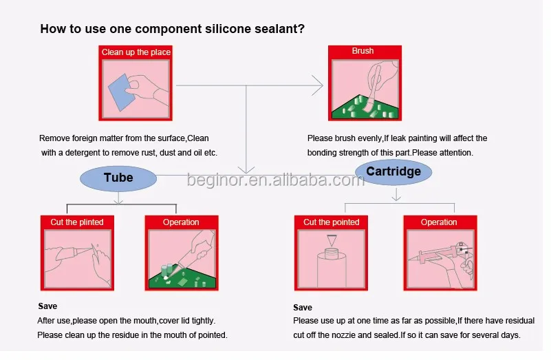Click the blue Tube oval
[x=118, y=178]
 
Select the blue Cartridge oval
[x=393, y=171]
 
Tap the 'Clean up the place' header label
[x=136, y=52]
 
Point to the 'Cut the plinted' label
[x=77, y=222]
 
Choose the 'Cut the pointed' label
[x=332, y=222]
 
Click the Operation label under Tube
[x=181, y=222]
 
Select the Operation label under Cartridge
[x=439, y=222]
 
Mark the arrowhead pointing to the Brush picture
[x=318, y=86]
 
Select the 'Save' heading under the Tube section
[x=47, y=306]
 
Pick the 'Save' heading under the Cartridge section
[x=303, y=308]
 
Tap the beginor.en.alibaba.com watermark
[x=275, y=180]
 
